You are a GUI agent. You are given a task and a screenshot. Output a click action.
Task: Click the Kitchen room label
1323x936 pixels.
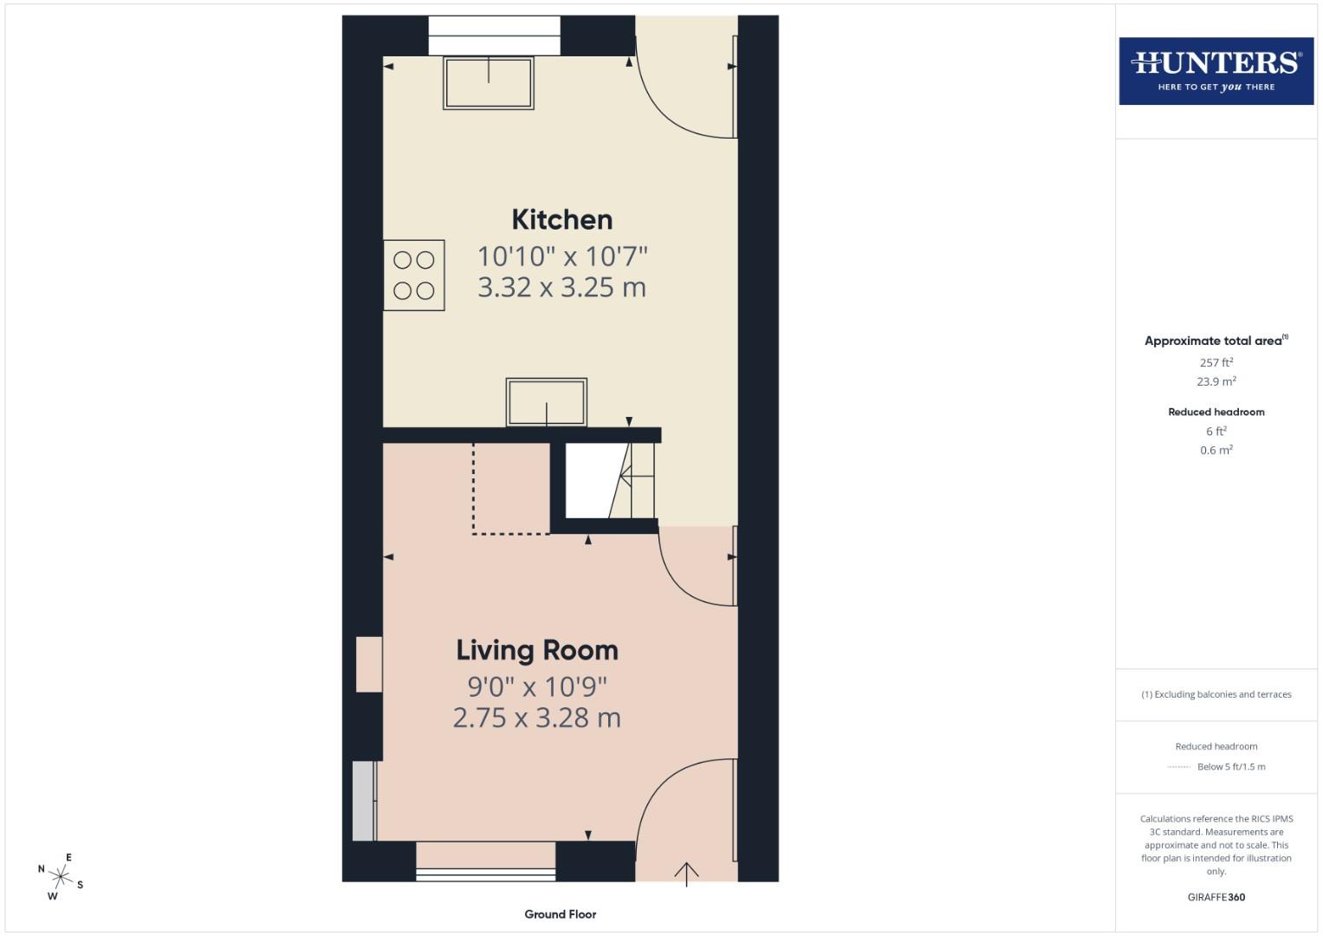[x=561, y=220]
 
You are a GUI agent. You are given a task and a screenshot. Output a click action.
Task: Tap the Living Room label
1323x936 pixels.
[x=537, y=650]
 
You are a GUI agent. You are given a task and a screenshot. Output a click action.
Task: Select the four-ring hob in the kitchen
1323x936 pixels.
[x=414, y=275]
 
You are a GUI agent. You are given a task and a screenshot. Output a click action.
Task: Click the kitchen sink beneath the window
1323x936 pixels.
[x=488, y=83]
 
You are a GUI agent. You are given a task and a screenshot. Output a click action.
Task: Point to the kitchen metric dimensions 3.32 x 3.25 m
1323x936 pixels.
[x=561, y=288]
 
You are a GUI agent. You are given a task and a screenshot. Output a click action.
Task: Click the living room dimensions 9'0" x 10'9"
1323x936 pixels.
[x=537, y=686]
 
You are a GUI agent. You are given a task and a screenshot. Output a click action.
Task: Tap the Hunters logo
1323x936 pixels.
[x=1216, y=71]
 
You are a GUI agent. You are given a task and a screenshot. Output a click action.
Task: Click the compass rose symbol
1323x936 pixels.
[x=61, y=877]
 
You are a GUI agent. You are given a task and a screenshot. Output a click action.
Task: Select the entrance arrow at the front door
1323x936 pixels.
[x=686, y=873]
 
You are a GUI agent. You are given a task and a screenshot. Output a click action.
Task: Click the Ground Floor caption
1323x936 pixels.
[x=561, y=914]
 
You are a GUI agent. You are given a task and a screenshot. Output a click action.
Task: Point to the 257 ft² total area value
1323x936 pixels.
[x=1216, y=362]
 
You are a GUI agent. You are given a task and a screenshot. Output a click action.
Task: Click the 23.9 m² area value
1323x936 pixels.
[x=1216, y=381]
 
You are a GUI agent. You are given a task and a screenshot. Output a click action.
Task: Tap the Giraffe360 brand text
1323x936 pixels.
[x=1216, y=897]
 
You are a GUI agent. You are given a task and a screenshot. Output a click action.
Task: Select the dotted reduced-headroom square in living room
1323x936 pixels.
[x=511, y=489]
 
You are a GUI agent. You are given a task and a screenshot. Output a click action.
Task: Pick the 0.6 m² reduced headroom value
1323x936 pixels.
[x=1216, y=450]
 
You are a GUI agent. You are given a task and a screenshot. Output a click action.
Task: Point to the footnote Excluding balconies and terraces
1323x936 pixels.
[x=1216, y=694]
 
